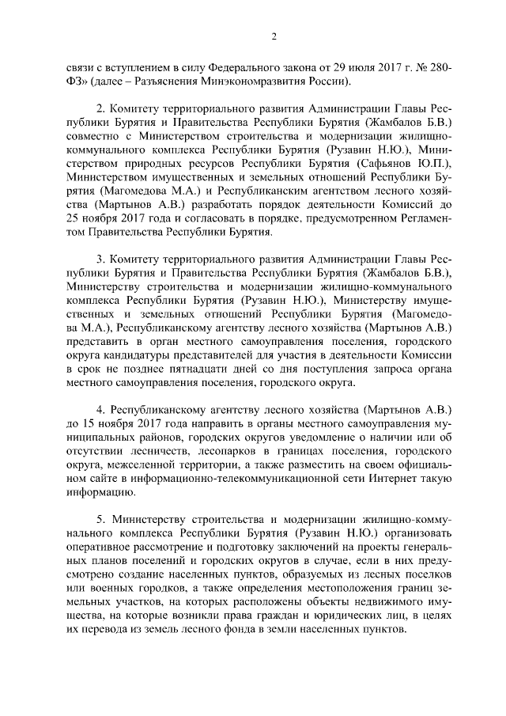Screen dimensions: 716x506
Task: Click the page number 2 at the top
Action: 273,36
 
